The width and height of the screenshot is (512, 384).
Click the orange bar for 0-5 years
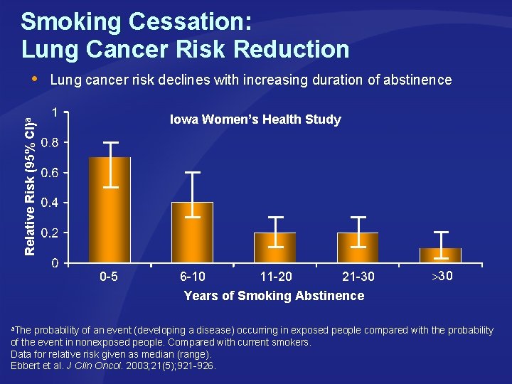point(110,213)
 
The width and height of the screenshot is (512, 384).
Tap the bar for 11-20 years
point(275,248)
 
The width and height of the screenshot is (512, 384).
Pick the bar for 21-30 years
point(358,248)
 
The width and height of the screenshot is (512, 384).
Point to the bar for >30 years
point(440,255)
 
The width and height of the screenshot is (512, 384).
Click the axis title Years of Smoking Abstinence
point(274,296)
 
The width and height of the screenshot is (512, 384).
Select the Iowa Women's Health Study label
point(255,119)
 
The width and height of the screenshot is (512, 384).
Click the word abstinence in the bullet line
point(418,80)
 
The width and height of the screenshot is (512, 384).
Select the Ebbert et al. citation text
point(114,366)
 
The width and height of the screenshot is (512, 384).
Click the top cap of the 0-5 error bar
point(110,142)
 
